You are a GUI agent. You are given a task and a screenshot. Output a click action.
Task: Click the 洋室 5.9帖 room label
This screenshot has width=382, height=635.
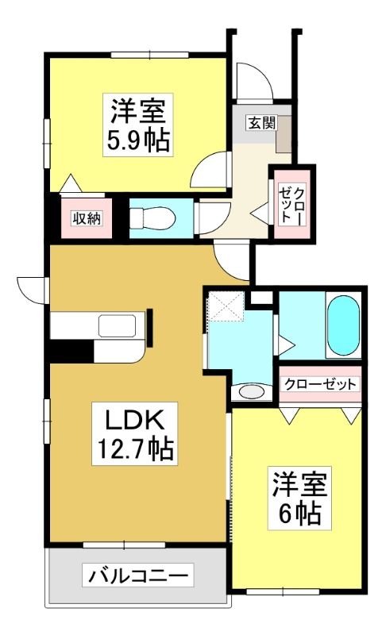[138, 125]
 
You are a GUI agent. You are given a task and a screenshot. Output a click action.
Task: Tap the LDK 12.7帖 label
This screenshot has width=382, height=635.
[135, 433]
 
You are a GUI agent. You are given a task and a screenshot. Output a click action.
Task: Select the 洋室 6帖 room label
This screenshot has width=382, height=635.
[299, 498]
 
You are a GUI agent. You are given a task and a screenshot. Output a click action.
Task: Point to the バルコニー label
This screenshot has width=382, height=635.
[137, 575]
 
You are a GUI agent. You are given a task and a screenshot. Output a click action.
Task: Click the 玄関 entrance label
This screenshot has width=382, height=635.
[262, 123]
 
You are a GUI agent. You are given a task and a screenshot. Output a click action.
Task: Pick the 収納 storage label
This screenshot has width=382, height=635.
[87, 219]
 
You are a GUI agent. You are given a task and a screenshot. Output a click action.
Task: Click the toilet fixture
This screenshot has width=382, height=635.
[152, 218]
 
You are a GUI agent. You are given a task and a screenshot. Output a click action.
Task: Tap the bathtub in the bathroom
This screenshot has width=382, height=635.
[343, 325]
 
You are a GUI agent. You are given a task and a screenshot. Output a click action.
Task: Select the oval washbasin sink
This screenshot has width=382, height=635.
[251, 392]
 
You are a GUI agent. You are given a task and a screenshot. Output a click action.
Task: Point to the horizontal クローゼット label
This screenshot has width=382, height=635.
[320, 384]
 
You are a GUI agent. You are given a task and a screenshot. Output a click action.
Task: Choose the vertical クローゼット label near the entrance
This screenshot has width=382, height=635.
[291, 204]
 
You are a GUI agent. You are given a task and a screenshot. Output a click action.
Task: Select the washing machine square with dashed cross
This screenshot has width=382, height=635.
[226, 306]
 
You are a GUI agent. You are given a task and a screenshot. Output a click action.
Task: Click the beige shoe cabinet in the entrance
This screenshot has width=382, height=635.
[284, 134]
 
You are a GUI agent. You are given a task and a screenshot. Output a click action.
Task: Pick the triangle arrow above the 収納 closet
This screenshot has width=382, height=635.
[71, 183]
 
